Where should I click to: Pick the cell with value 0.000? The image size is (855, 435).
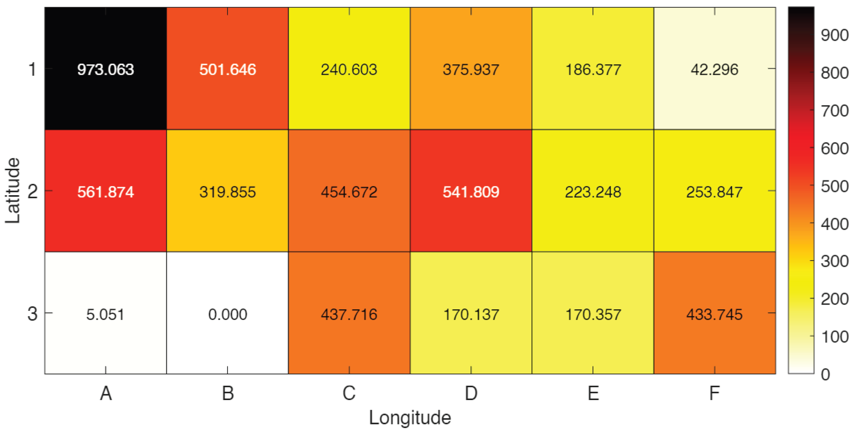[227, 314]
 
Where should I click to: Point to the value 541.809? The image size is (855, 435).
[471, 192]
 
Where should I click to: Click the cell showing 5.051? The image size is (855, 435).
[106, 314]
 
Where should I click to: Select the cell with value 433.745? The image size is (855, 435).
[714, 314]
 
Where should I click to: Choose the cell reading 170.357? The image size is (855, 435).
[593, 314]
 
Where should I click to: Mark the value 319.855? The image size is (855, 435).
[227, 192]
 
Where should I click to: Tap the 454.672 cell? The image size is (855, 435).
[349, 192]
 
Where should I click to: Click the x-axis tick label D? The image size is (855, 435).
[471, 393]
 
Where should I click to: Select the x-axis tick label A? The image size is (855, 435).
[106, 393]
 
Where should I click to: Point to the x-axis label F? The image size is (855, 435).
[714, 393]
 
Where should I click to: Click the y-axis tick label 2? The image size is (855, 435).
[32, 192]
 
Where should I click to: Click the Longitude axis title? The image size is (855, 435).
[410, 418]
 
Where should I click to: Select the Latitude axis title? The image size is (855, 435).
[13, 190]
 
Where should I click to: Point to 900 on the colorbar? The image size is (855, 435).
[834, 35]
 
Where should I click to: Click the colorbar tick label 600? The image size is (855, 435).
[834, 148]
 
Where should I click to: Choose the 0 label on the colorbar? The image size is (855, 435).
[825, 375]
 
